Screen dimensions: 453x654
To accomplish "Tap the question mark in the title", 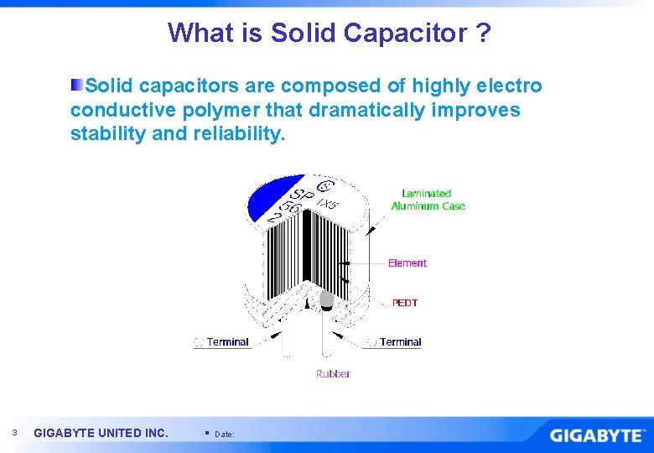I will tap(483, 34).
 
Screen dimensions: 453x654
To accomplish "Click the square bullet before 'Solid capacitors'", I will tap(76, 86).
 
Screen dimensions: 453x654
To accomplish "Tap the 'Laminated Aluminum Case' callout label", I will tap(428, 200).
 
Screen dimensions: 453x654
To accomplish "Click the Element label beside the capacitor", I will tap(407, 263).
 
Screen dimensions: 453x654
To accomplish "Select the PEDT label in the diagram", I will tap(404, 303).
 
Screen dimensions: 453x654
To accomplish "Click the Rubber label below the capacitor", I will tap(333, 373).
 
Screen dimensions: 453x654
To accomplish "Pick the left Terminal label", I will tap(227, 341).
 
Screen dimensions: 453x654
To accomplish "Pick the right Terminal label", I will tap(400, 341).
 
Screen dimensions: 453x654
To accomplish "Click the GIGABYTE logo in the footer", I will tap(598, 435).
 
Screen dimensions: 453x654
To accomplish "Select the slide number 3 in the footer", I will tap(14, 433).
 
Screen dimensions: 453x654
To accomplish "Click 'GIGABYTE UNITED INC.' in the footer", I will tap(101, 433).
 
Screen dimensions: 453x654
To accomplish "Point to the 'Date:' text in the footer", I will tap(225, 434).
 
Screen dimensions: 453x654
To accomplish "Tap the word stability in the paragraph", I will tap(104, 133).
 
